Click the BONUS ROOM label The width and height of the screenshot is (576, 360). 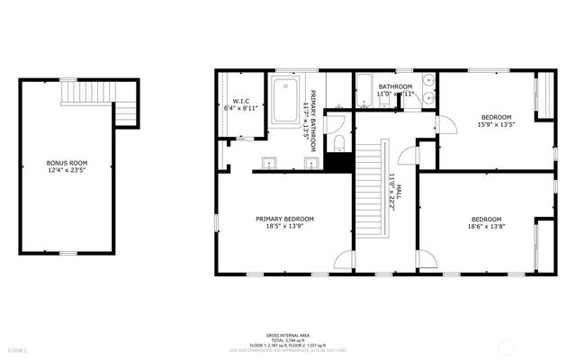67,163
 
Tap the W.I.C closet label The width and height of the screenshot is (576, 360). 240,101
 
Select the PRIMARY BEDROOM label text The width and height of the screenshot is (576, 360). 284,219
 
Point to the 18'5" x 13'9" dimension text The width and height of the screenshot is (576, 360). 284,227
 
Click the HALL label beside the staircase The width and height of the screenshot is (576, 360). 400,191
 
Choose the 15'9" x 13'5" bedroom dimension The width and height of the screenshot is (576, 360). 495,125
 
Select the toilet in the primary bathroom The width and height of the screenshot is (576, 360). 337,144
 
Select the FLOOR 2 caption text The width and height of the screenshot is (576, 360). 18,349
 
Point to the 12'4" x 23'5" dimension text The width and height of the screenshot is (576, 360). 67,170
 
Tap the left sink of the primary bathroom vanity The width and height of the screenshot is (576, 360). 270,163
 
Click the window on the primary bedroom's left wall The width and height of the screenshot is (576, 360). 216,221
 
